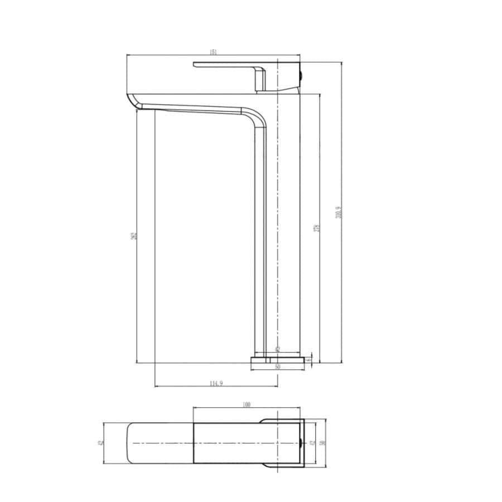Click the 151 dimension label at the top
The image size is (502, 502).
pyautogui.click(x=213, y=52)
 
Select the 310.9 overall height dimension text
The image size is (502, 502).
pyautogui.click(x=338, y=213)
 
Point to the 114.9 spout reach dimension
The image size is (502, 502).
pyautogui.click(x=216, y=383)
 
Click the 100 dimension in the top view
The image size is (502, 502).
pyautogui.click(x=247, y=404)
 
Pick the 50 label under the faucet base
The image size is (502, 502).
pyautogui.click(x=277, y=366)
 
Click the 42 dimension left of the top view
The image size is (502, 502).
pyautogui.click(x=100, y=443)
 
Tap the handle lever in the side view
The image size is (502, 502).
pyautogui.click(x=234, y=65)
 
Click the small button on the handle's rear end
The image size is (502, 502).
pyautogui.click(x=302, y=73)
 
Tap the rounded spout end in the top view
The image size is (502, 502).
pyautogui.click(x=134, y=443)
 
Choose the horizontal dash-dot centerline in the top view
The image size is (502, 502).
pyautogui.click(x=223, y=443)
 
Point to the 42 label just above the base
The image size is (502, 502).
pyautogui.click(x=277, y=349)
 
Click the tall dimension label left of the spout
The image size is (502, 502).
pyautogui.click(x=133, y=236)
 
